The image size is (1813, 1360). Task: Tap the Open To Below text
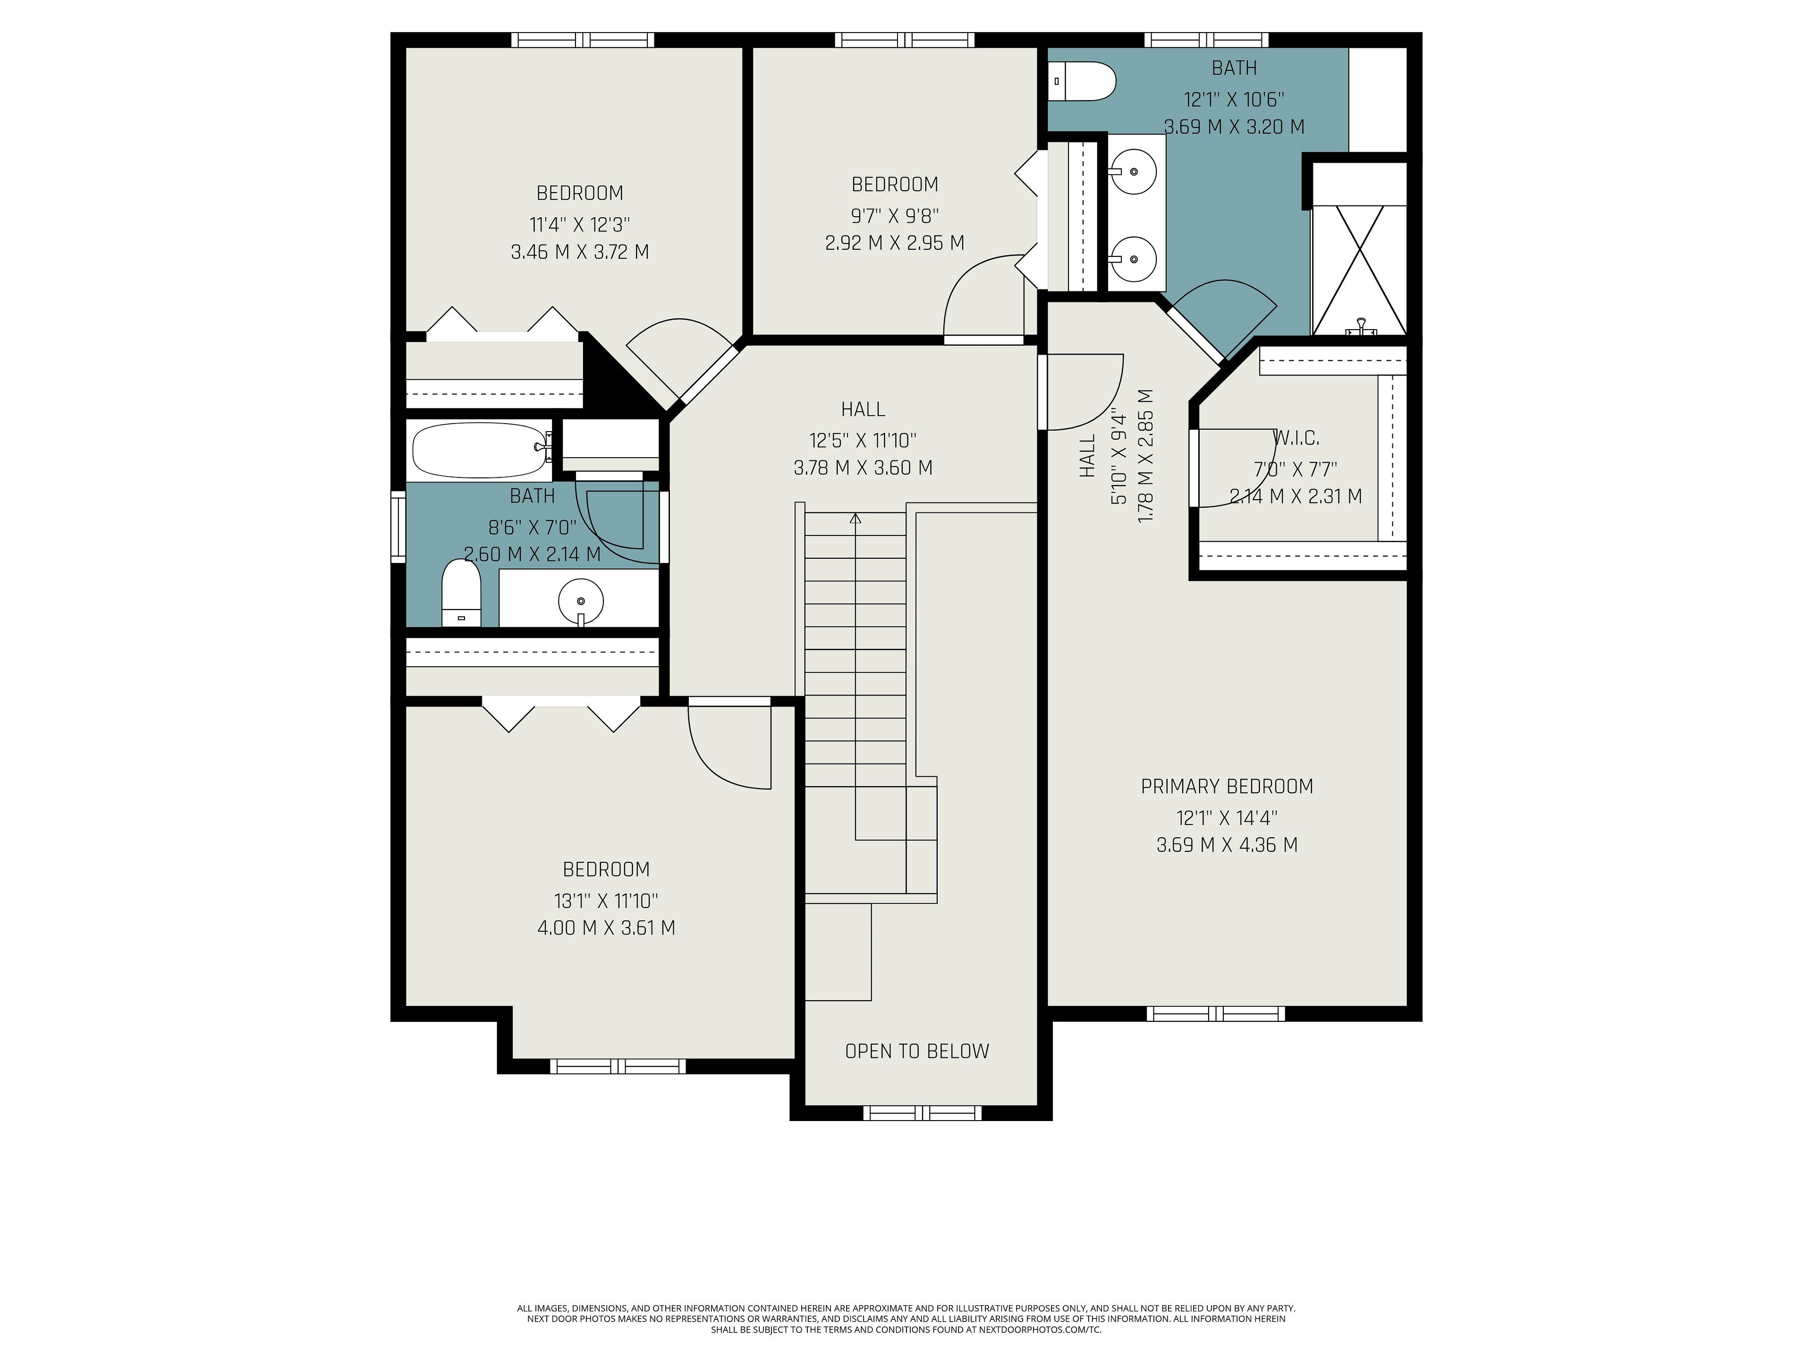[x=917, y=1052]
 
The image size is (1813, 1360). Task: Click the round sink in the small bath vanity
[x=581, y=600]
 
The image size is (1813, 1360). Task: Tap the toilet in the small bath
[x=461, y=593]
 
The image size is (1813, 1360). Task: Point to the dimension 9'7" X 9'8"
[x=895, y=216]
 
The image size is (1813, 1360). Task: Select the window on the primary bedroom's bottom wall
[x=1215, y=1014]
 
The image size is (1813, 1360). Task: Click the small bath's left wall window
[x=398, y=527]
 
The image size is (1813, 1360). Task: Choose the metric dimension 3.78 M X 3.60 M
[x=863, y=468]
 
